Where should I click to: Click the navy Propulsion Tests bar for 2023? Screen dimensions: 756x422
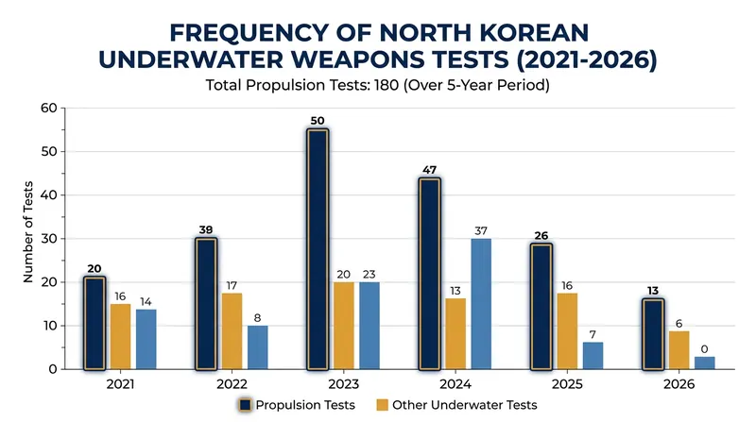point(318,249)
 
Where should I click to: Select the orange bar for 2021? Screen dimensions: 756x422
point(120,336)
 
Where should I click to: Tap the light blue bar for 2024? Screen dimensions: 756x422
point(481,304)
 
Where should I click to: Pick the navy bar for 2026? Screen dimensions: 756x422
point(653,334)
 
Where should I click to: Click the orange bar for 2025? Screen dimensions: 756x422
point(567,331)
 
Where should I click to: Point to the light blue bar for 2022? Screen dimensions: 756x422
point(257,347)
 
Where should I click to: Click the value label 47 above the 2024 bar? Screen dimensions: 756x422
point(429,170)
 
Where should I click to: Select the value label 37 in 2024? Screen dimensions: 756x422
point(481,230)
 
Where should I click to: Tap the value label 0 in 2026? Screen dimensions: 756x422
point(704,349)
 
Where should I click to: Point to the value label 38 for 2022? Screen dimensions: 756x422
point(206,229)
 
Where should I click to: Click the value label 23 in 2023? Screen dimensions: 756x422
point(369,275)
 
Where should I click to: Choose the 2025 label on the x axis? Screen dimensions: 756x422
point(567,384)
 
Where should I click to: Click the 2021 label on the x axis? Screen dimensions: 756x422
point(120,384)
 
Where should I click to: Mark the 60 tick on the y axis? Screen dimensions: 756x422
point(49,108)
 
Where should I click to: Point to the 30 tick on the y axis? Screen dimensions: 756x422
point(49,239)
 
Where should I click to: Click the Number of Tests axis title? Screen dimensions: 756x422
point(28,231)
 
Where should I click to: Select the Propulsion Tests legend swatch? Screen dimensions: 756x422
point(246,405)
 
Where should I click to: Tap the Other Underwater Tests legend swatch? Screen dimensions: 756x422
point(382,405)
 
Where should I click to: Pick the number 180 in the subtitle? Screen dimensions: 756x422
point(387,85)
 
